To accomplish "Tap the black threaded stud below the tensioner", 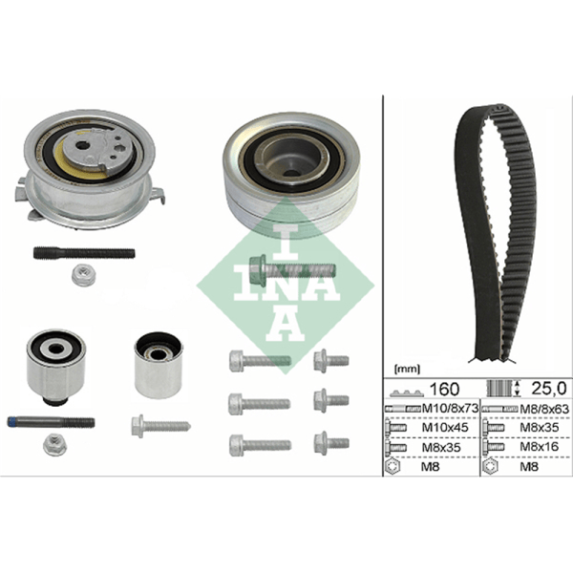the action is pos(84,253).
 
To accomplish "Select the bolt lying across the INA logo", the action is pos(291,269).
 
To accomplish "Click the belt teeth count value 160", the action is pos(444,389).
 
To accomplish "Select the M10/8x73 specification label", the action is pos(450,408).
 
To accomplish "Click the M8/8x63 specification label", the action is pos(544,409).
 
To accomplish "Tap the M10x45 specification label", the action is pos(445,427).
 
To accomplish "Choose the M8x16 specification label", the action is pos(540,447).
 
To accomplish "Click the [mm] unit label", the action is pos(408,369).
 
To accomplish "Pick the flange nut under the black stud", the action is pos(83,275).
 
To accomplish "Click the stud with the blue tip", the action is pos(51,422).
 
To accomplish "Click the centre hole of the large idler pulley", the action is pos(291,173).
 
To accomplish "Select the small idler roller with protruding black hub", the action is pos(56,366).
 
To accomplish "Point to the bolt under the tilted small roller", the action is pos(160,426).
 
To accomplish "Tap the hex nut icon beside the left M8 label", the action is pos(393,466).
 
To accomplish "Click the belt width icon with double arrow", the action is pos(504,388).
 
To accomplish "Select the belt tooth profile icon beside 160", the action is pos(407,393).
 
